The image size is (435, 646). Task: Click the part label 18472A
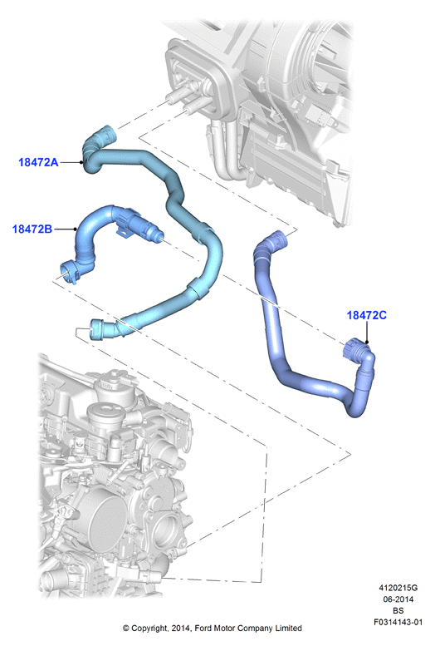[x=38, y=162]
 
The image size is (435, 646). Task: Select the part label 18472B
[x=32, y=229]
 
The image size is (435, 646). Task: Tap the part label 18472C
[x=367, y=315]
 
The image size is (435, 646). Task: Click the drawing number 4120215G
[x=398, y=588]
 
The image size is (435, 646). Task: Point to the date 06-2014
[x=398, y=599]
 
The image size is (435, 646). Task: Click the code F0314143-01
[x=398, y=622]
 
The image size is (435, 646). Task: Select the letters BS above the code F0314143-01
[x=398, y=610]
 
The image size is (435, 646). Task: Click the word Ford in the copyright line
[x=203, y=629]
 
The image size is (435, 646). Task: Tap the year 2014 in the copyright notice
[x=181, y=629]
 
